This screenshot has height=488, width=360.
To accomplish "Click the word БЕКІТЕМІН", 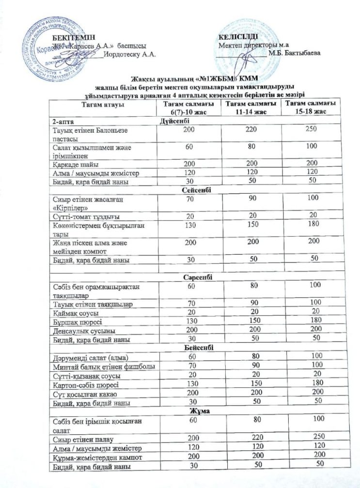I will (x=73, y=37).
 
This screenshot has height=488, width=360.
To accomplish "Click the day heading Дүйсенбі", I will (x=174, y=121).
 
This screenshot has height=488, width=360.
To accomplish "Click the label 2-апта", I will (x=63, y=121).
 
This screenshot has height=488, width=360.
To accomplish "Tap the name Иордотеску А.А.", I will (x=129, y=54).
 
